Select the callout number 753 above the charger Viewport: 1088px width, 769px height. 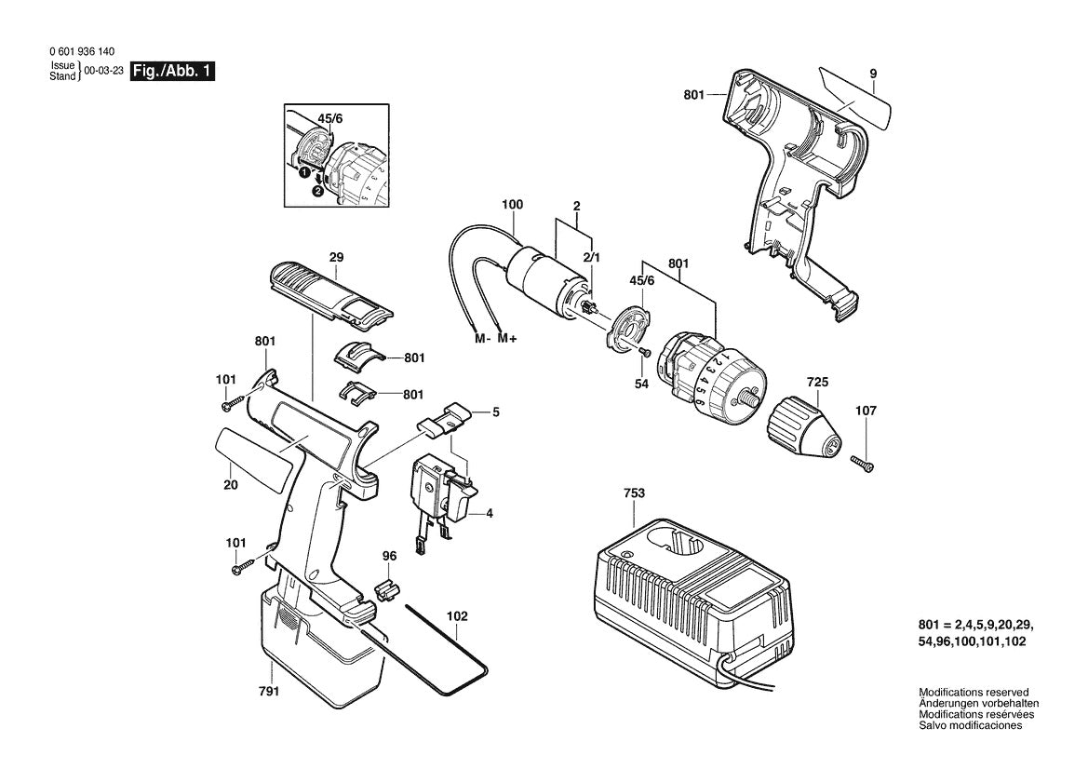[x=634, y=492]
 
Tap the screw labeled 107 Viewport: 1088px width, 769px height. [x=863, y=461]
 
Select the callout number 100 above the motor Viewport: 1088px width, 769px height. [x=512, y=204]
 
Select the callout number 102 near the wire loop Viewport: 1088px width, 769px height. [x=457, y=615]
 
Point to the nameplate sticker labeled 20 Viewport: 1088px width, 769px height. [x=252, y=462]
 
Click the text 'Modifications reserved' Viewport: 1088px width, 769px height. [x=974, y=693]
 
